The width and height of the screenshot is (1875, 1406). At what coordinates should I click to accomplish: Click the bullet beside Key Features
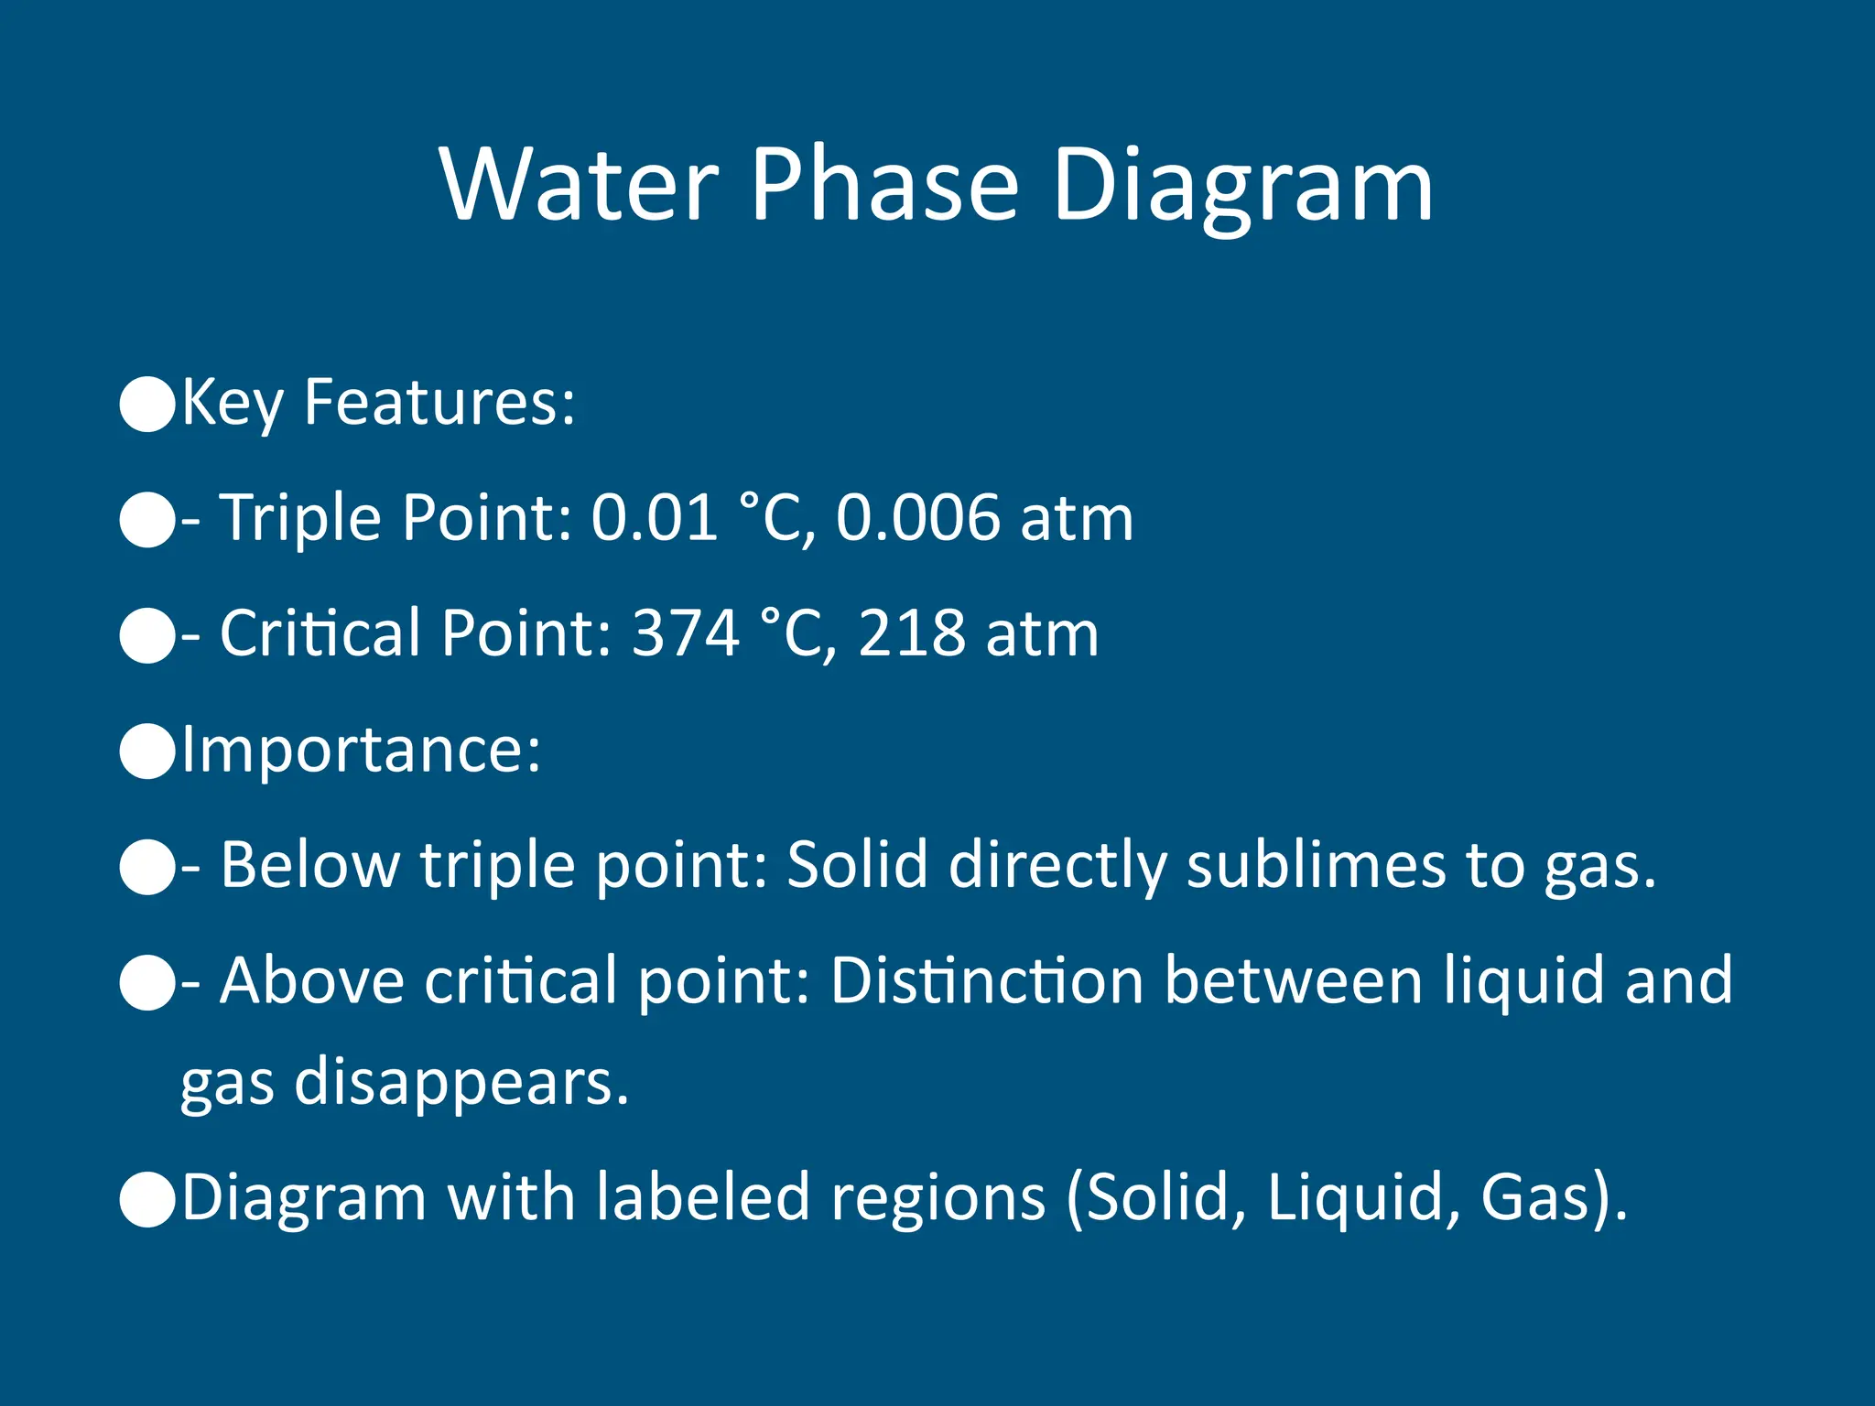click(x=147, y=404)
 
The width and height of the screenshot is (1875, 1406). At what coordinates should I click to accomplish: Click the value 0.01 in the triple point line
click(x=654, y=519)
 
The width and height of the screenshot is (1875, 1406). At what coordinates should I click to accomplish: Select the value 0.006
click(x=918, y=519)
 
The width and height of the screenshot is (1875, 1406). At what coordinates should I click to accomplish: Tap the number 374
click(x=686, y=634)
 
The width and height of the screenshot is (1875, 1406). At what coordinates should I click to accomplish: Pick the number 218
click(x=912, y=634)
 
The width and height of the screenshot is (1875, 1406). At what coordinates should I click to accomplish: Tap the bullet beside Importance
click(x=147, y=751)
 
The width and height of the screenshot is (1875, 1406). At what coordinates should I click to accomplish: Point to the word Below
click(x=309, y=866)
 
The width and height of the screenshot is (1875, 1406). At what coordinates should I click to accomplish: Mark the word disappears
click(x=461, y=1084)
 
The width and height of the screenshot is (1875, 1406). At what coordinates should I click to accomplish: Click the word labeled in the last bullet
click(x=703, y=1198)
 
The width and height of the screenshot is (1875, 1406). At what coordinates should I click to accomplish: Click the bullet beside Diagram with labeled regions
click(x=147, y=1198)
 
